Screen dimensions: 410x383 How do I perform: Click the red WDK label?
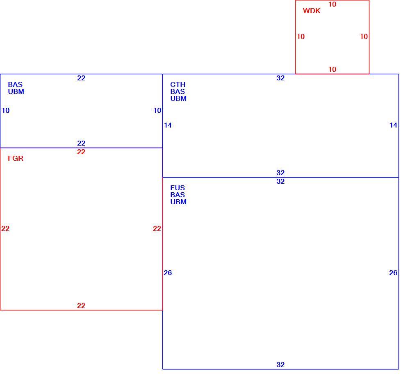312,11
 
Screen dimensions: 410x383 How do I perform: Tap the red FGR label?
16,158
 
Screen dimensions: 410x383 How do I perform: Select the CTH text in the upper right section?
178,85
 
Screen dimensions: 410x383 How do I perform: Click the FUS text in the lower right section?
178,188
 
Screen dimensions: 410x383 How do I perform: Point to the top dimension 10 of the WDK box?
333,4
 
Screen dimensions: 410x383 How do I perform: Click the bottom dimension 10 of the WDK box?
333,69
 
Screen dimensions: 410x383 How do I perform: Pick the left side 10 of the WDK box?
301,36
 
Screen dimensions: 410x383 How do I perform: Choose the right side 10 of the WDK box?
364,36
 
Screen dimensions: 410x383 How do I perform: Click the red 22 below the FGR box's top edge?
81,152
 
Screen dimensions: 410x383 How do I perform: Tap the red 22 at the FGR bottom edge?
81,305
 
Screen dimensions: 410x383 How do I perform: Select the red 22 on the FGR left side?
5,229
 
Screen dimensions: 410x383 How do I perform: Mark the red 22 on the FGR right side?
157,229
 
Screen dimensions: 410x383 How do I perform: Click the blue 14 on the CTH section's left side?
168,125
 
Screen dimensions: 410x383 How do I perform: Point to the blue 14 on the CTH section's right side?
393,125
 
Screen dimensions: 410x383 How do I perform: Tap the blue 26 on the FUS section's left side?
168,273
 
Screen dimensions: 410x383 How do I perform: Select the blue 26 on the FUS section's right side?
393,273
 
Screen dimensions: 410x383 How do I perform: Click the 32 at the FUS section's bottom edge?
280,365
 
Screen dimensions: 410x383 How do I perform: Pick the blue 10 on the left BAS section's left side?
5,111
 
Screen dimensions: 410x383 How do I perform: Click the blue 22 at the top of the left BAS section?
81,78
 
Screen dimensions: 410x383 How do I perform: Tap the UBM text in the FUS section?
178,202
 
